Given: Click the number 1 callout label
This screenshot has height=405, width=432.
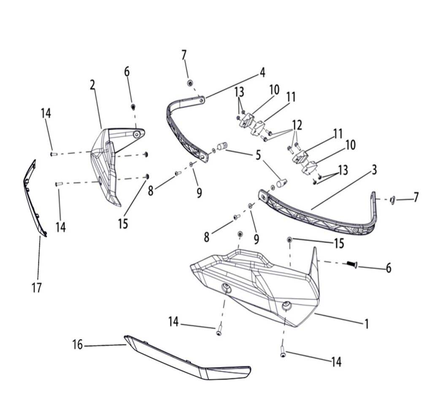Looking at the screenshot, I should pyautogui.click(x=367, y=324).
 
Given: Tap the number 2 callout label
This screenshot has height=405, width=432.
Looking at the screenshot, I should pyautogui.click(x=93, y=85).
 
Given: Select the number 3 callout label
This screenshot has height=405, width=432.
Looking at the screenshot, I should pyautogui.click(x=374, y=171).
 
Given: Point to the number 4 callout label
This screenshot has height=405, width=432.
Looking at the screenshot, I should pyautogui.click(x=262, y=72).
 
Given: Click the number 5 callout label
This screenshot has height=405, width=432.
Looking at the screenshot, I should pyautogui.click(x=258, y=156).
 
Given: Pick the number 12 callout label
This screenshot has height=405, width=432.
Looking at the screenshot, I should pyautogui.click(x=297, y=125).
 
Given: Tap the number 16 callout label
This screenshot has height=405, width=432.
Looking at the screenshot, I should pyautogui.click(x=77, y=345).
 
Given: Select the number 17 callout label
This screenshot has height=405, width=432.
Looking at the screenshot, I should pyautogui.click(x=37, y=288).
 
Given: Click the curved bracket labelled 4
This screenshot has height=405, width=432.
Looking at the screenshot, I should pyautogui.click(x=181, y=126).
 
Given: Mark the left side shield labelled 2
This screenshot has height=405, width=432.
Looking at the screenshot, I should pyautogui.click(x=108, y=169).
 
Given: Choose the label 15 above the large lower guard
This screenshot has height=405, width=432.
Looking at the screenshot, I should pyautogui.click(x=339, y=243).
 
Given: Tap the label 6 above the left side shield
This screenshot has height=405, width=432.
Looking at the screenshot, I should pyautogui.click(x=127, y=72).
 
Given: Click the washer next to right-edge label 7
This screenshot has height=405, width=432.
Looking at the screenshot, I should pyautogui.click(x=392, y=199).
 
